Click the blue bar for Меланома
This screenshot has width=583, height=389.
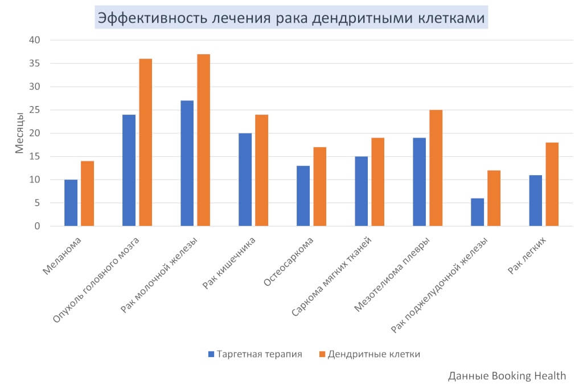(71, 203)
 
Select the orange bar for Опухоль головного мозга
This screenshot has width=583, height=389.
(145, 143)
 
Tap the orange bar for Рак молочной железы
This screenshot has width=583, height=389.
(203, 140)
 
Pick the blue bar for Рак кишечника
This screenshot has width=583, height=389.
(245, 180)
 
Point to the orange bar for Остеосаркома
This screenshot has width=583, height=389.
(319, 187)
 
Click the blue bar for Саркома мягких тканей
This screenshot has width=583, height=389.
(361, 191)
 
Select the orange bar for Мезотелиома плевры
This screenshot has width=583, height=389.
(436, 168)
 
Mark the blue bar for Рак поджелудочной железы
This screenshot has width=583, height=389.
(477, 212)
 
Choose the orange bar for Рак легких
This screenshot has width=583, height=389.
(552, 184)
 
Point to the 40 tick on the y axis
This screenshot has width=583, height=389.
(35, 40)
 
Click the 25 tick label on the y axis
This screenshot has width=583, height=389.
(35, 110)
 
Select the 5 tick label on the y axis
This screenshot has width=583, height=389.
(38, 203)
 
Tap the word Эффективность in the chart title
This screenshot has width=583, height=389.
(145, 18)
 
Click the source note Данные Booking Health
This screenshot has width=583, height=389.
(507, 375)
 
